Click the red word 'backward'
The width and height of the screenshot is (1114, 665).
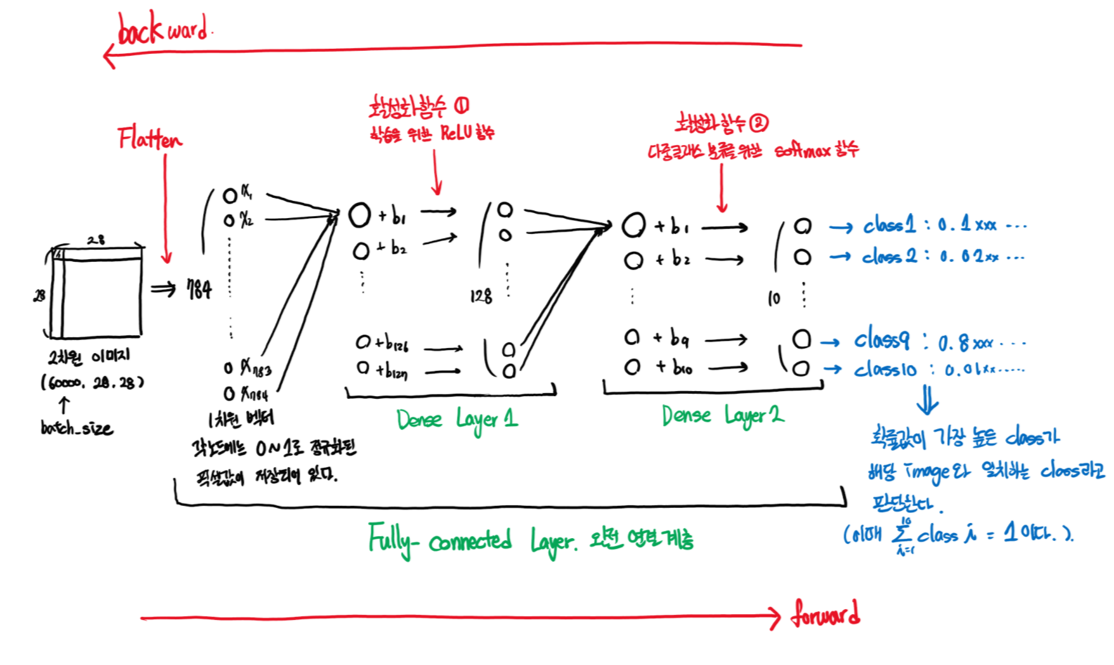pos(163,29)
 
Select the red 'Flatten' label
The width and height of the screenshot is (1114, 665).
pos(150,138)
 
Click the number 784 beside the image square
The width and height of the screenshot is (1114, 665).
pos(199,290)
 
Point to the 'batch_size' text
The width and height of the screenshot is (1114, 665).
pos(77,429)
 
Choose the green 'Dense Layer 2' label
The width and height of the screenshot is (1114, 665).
pos(723,416)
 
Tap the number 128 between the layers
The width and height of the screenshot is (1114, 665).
pos(481,296)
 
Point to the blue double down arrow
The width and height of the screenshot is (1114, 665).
pos(927,400)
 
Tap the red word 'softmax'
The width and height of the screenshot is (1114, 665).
pos(802,151)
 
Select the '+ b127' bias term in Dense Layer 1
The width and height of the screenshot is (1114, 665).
pos(391,370)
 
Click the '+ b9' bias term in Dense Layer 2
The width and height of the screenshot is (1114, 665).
pos(672,339)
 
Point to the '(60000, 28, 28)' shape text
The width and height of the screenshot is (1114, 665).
pos(93,382)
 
